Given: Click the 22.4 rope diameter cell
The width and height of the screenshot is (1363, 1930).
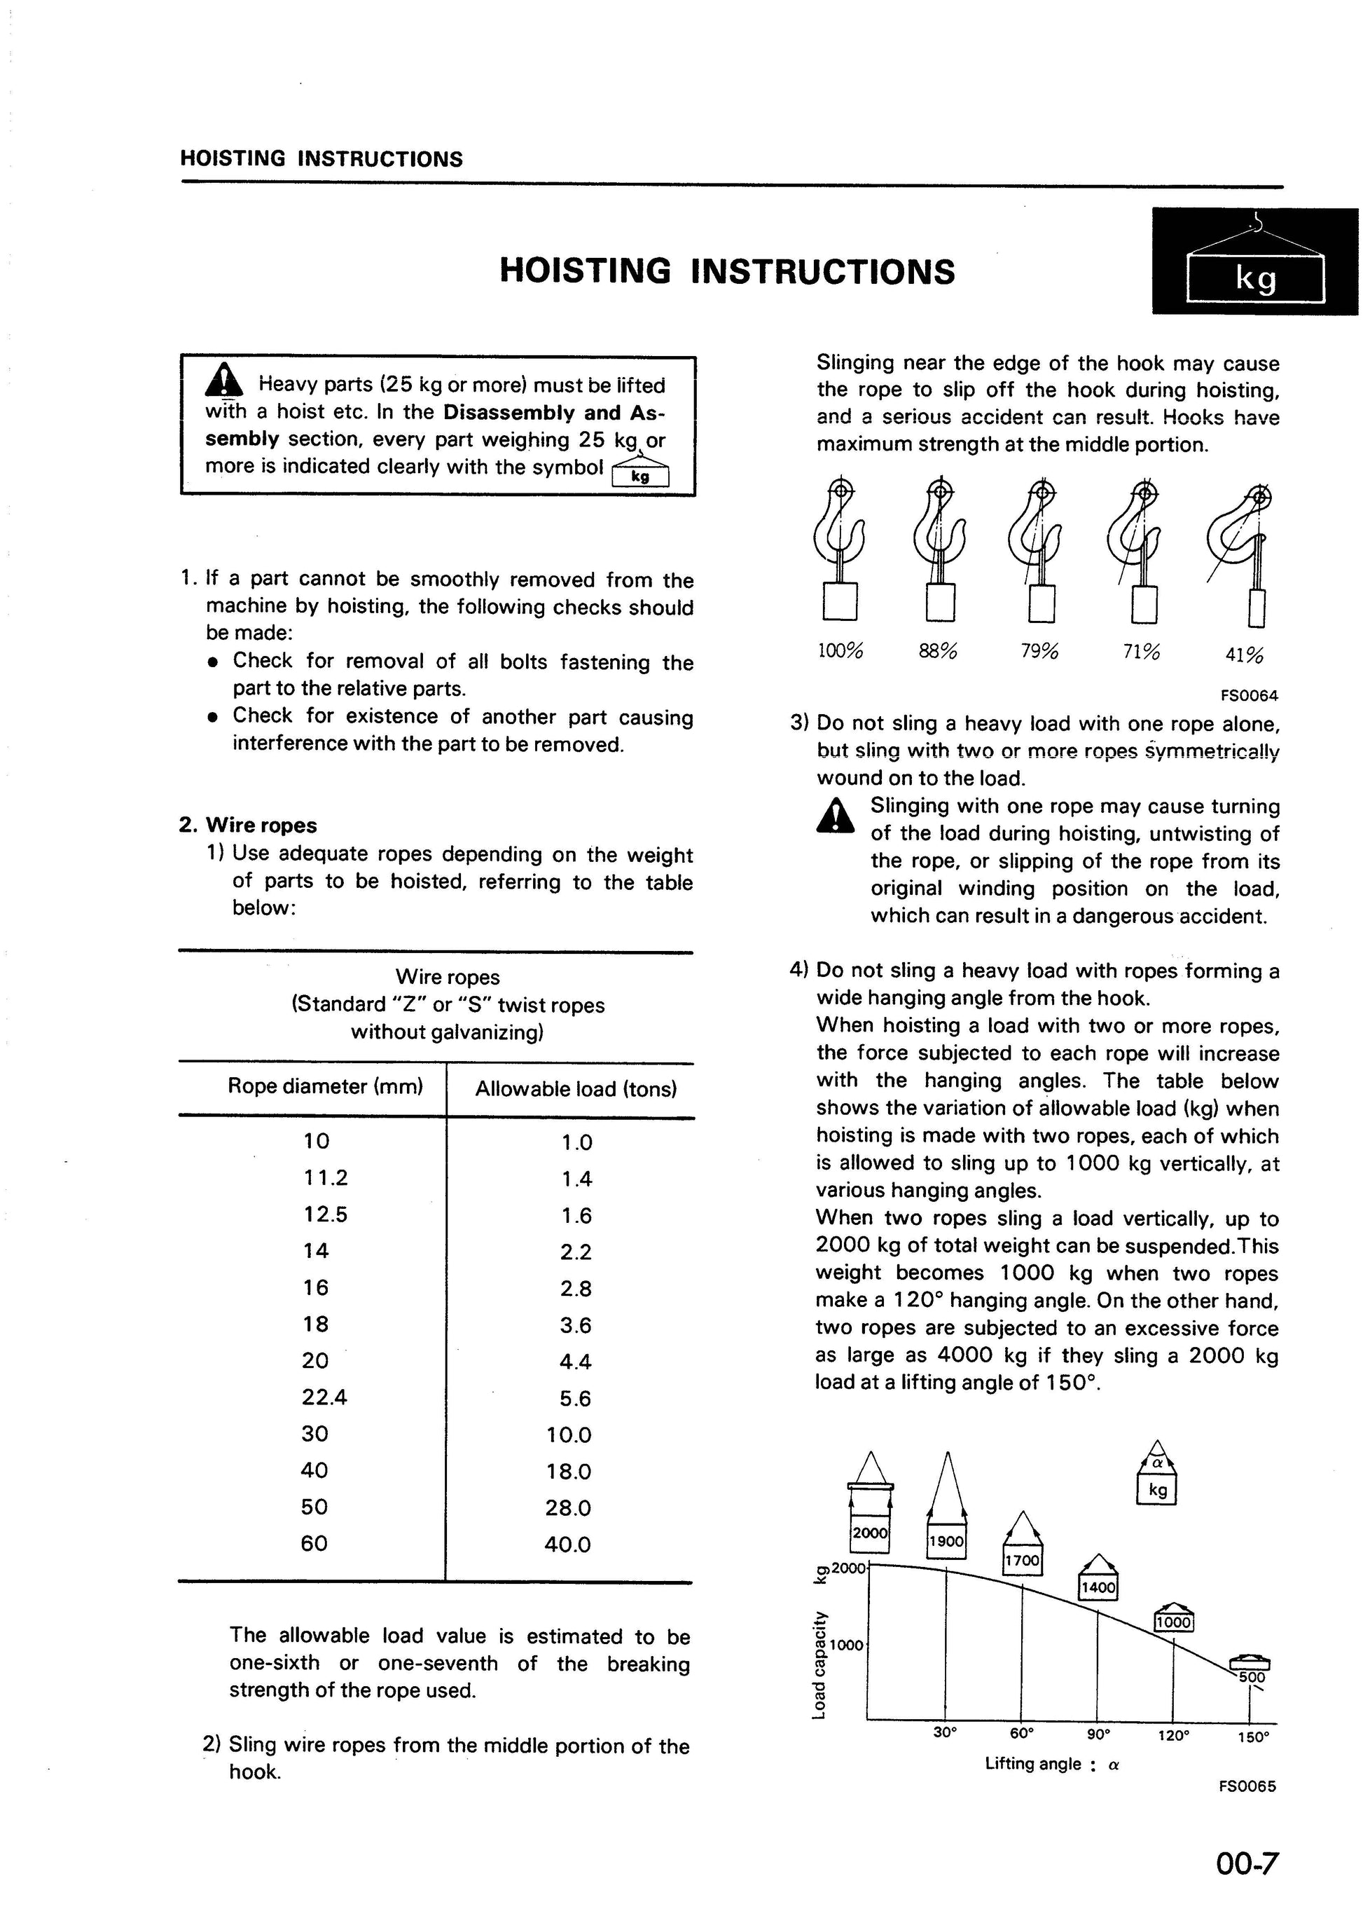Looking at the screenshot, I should coord(324,1397).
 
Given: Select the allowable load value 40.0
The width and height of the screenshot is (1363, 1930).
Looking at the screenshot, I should coord(567,1544).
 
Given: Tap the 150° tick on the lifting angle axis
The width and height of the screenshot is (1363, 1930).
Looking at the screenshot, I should coord(1253,1737).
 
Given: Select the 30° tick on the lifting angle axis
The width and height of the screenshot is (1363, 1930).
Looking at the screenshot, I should coord(945,1732).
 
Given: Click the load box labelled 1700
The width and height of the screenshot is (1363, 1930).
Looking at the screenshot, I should coord(1022,1561).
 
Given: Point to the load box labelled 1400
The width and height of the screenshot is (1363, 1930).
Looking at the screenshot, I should coord(1098,1587).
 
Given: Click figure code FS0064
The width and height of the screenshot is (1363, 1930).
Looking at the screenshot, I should coord(1249,695).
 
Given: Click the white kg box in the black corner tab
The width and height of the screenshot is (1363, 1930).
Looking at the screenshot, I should coord(1254,278).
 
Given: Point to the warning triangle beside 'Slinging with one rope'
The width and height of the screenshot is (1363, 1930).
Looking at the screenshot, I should coord(836,814).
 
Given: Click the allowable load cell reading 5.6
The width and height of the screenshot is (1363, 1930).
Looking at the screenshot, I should coord(576,1399).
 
